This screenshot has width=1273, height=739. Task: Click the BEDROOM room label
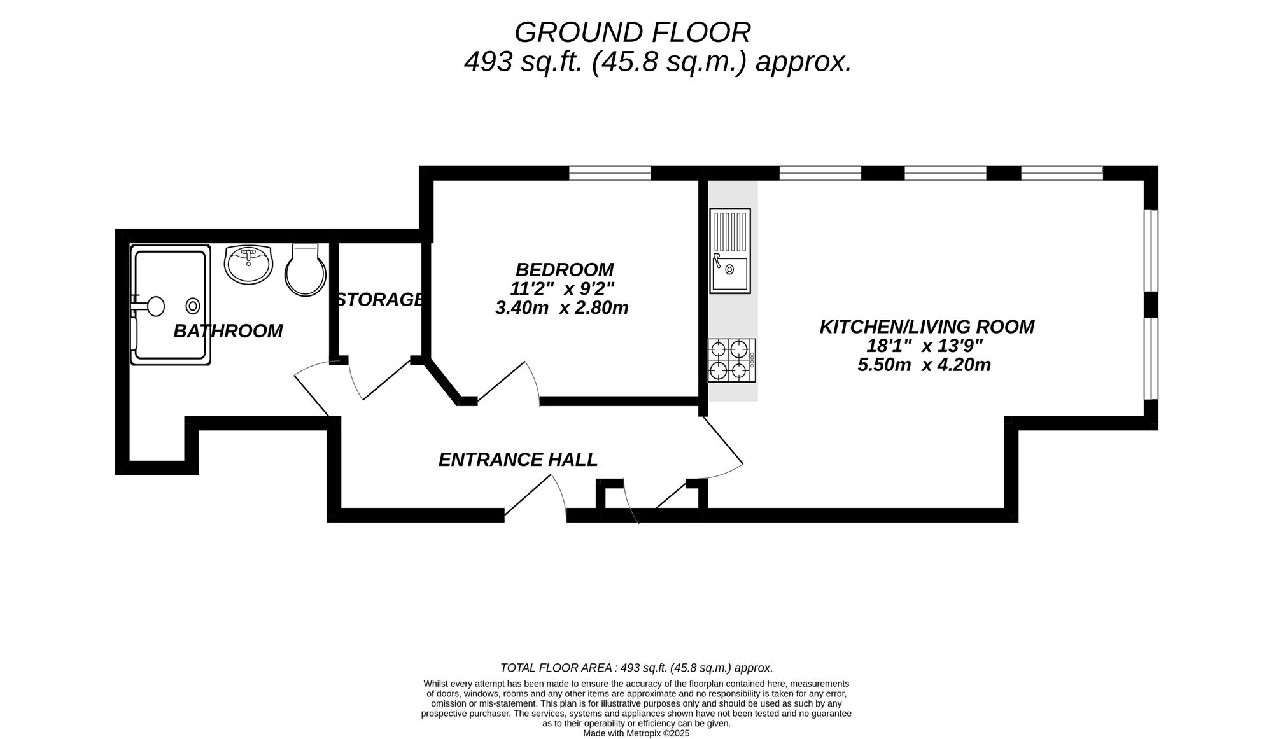[x=565, y=270]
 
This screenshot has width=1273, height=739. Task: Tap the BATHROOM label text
[x=228, y=331]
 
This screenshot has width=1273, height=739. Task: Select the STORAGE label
[x=380, y=299]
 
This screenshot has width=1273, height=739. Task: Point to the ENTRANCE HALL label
[x=518, y=460]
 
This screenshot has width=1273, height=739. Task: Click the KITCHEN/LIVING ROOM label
[x=927, y=327]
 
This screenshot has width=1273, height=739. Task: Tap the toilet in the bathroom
[x=306, y=269]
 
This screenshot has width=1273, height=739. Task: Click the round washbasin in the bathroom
[x=248, y=264]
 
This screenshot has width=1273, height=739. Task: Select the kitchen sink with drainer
[x=730, y=251]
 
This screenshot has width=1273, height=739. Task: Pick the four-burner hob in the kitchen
[x=731, y=360]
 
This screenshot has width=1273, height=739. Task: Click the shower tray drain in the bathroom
[x=193, y=306]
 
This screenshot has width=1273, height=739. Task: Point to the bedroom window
[x=610, y=172]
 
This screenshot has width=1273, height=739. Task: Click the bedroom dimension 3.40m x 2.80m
[x=561, y=308]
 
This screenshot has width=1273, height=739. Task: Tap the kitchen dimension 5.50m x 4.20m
[x=924, y=365]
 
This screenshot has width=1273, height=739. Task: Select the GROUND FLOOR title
[x=633, y=32]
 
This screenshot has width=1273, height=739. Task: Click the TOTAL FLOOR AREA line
[x=636, y=668]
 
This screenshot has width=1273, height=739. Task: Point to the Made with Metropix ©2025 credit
[x=636, y=733]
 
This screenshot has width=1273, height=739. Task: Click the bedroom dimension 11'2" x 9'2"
[x=562, y=289]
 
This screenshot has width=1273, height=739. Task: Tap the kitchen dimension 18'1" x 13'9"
[x=925, y=346]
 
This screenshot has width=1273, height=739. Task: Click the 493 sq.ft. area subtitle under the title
[x=658, y=62]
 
